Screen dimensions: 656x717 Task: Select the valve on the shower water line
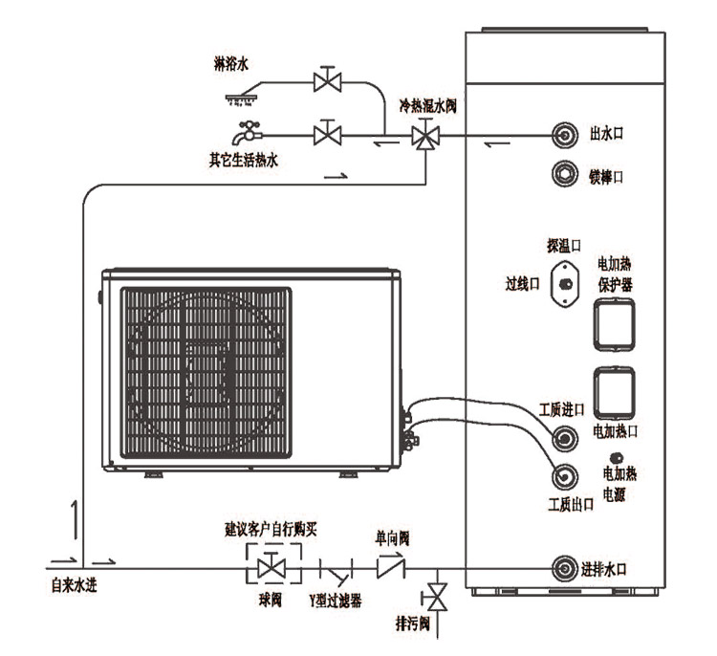tap(330, 82)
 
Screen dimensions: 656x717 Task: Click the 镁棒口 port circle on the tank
tap(566, 175)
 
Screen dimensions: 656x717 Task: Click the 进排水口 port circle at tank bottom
tap(567, 569)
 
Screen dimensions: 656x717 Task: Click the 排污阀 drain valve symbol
tap(438, 599)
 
